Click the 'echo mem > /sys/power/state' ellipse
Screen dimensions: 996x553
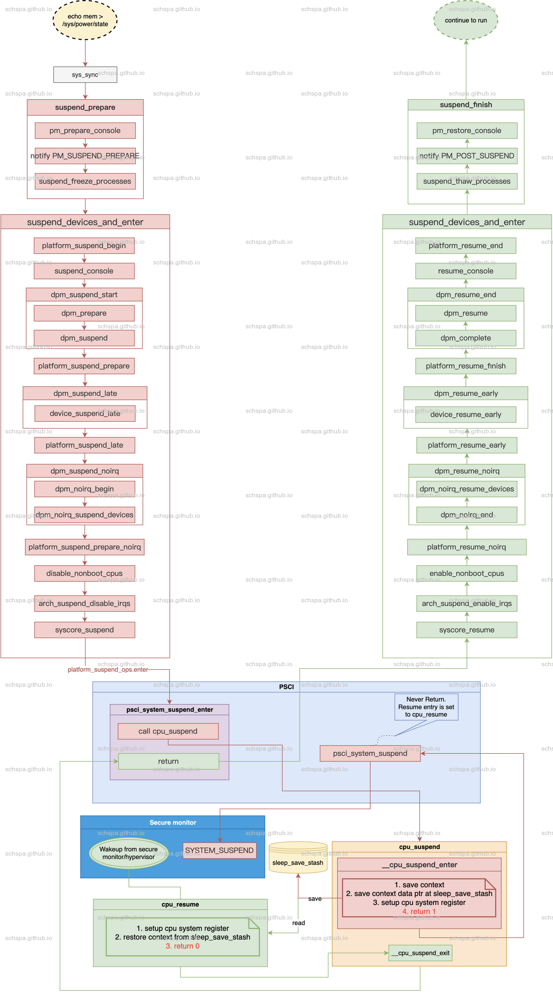(85, 21)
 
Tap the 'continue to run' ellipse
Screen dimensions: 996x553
(466, 21)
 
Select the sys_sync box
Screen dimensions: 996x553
(85, 75)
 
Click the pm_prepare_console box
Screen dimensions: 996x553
(85, 131)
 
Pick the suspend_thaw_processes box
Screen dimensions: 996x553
(467, 182)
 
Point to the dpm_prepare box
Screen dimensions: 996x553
(84, 314)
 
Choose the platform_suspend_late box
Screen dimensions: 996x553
(85, 445)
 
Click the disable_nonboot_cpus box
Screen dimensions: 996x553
(85, 574)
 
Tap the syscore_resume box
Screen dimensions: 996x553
(467, 630)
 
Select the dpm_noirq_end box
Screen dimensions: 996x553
(467, 515)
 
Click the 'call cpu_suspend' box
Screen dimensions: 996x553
(168, 732)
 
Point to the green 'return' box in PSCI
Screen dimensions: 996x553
(168, 762)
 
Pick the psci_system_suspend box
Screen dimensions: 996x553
(370, 754)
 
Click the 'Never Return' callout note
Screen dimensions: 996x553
(426, 707)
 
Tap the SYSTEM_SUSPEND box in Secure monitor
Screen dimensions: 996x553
(219, 851)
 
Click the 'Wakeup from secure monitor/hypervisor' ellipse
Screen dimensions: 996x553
(129, 853)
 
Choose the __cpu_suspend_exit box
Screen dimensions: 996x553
(420, 953)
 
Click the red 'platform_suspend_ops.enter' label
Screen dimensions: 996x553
(108, 670)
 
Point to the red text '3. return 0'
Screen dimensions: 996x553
(183, 946)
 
